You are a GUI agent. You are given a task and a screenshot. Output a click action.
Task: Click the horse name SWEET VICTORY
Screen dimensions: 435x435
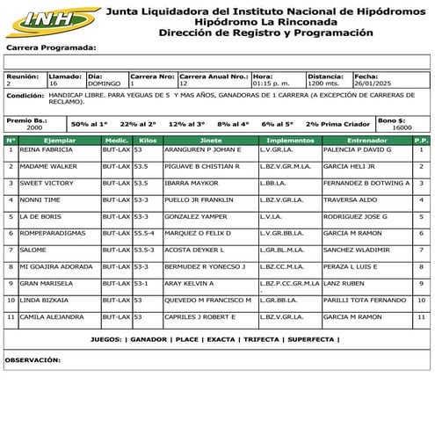coord(47,183)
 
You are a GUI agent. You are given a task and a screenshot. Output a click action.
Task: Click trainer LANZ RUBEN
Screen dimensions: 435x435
coord(343,283)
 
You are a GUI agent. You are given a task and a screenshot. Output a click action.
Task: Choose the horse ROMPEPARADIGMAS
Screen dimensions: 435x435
coord(54,233)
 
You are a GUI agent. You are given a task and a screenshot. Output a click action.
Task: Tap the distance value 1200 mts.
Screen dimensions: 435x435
coord(323,84)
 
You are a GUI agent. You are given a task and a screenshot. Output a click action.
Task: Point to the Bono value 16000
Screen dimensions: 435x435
coord(402,127)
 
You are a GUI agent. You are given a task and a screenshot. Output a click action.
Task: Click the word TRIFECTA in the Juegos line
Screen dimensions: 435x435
coord(263,338)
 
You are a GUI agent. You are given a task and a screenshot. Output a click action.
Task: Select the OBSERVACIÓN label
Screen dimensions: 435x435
coord(33,359)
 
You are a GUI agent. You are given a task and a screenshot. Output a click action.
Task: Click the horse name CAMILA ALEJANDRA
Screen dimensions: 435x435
coord(56,315)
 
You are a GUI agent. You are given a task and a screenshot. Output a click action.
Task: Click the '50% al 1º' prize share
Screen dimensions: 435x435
coord(90,125)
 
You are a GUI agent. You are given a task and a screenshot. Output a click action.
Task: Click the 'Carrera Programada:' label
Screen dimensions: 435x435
coord(50,49)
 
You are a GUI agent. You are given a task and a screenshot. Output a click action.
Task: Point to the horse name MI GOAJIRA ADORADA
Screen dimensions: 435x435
coord(56,266)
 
